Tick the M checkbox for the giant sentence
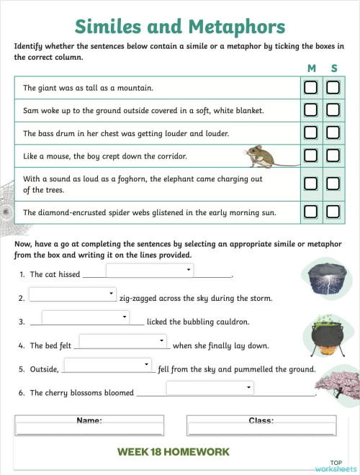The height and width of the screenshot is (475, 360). (310, 88)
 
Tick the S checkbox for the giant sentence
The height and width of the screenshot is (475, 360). (333, 88)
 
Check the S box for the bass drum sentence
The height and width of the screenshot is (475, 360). (333, 132)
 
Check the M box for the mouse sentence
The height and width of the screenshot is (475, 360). (310, 155)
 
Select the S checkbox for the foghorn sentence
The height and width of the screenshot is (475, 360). (333, 184)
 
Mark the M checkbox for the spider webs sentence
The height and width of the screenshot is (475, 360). (310, 212)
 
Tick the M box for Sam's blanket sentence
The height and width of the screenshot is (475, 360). (310, 110)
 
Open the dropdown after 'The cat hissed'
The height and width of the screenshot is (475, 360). (150, 270)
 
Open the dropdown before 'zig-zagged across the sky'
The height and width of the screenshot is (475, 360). (72, 294)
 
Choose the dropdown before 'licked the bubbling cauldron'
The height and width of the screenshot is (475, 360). (85, 317)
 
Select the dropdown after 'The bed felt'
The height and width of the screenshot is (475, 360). (123, 341)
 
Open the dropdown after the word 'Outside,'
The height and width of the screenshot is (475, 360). (107, 365)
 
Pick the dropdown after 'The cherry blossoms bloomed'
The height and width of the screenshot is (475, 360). (210, 388)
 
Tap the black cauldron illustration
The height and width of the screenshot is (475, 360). (325, 334)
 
